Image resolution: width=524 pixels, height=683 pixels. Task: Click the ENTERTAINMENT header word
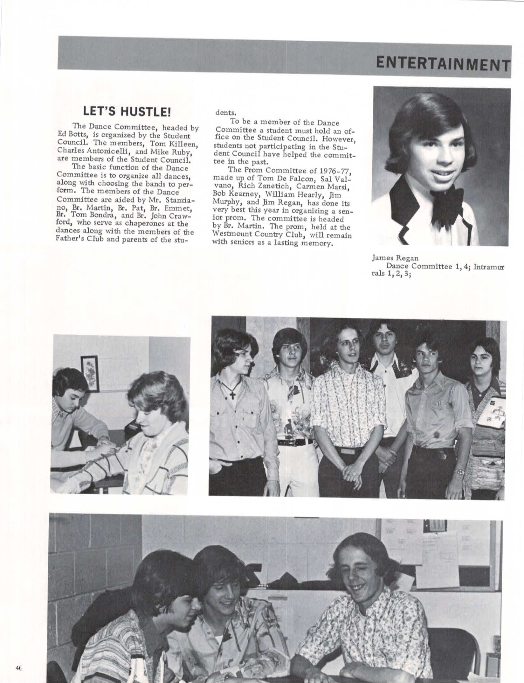(x=443, y=64)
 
